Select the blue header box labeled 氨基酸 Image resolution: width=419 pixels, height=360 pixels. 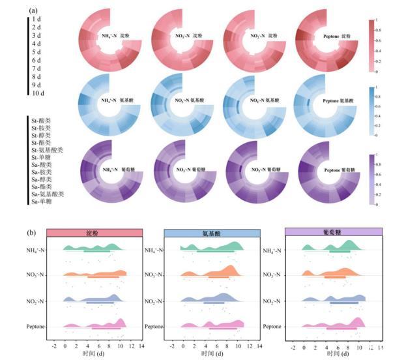point(203,233)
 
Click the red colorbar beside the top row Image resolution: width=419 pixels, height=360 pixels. point(370,46)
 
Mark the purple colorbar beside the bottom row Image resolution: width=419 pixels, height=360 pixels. point(370,179)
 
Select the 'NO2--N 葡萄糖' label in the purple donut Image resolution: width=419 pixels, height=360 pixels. point(260,170)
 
